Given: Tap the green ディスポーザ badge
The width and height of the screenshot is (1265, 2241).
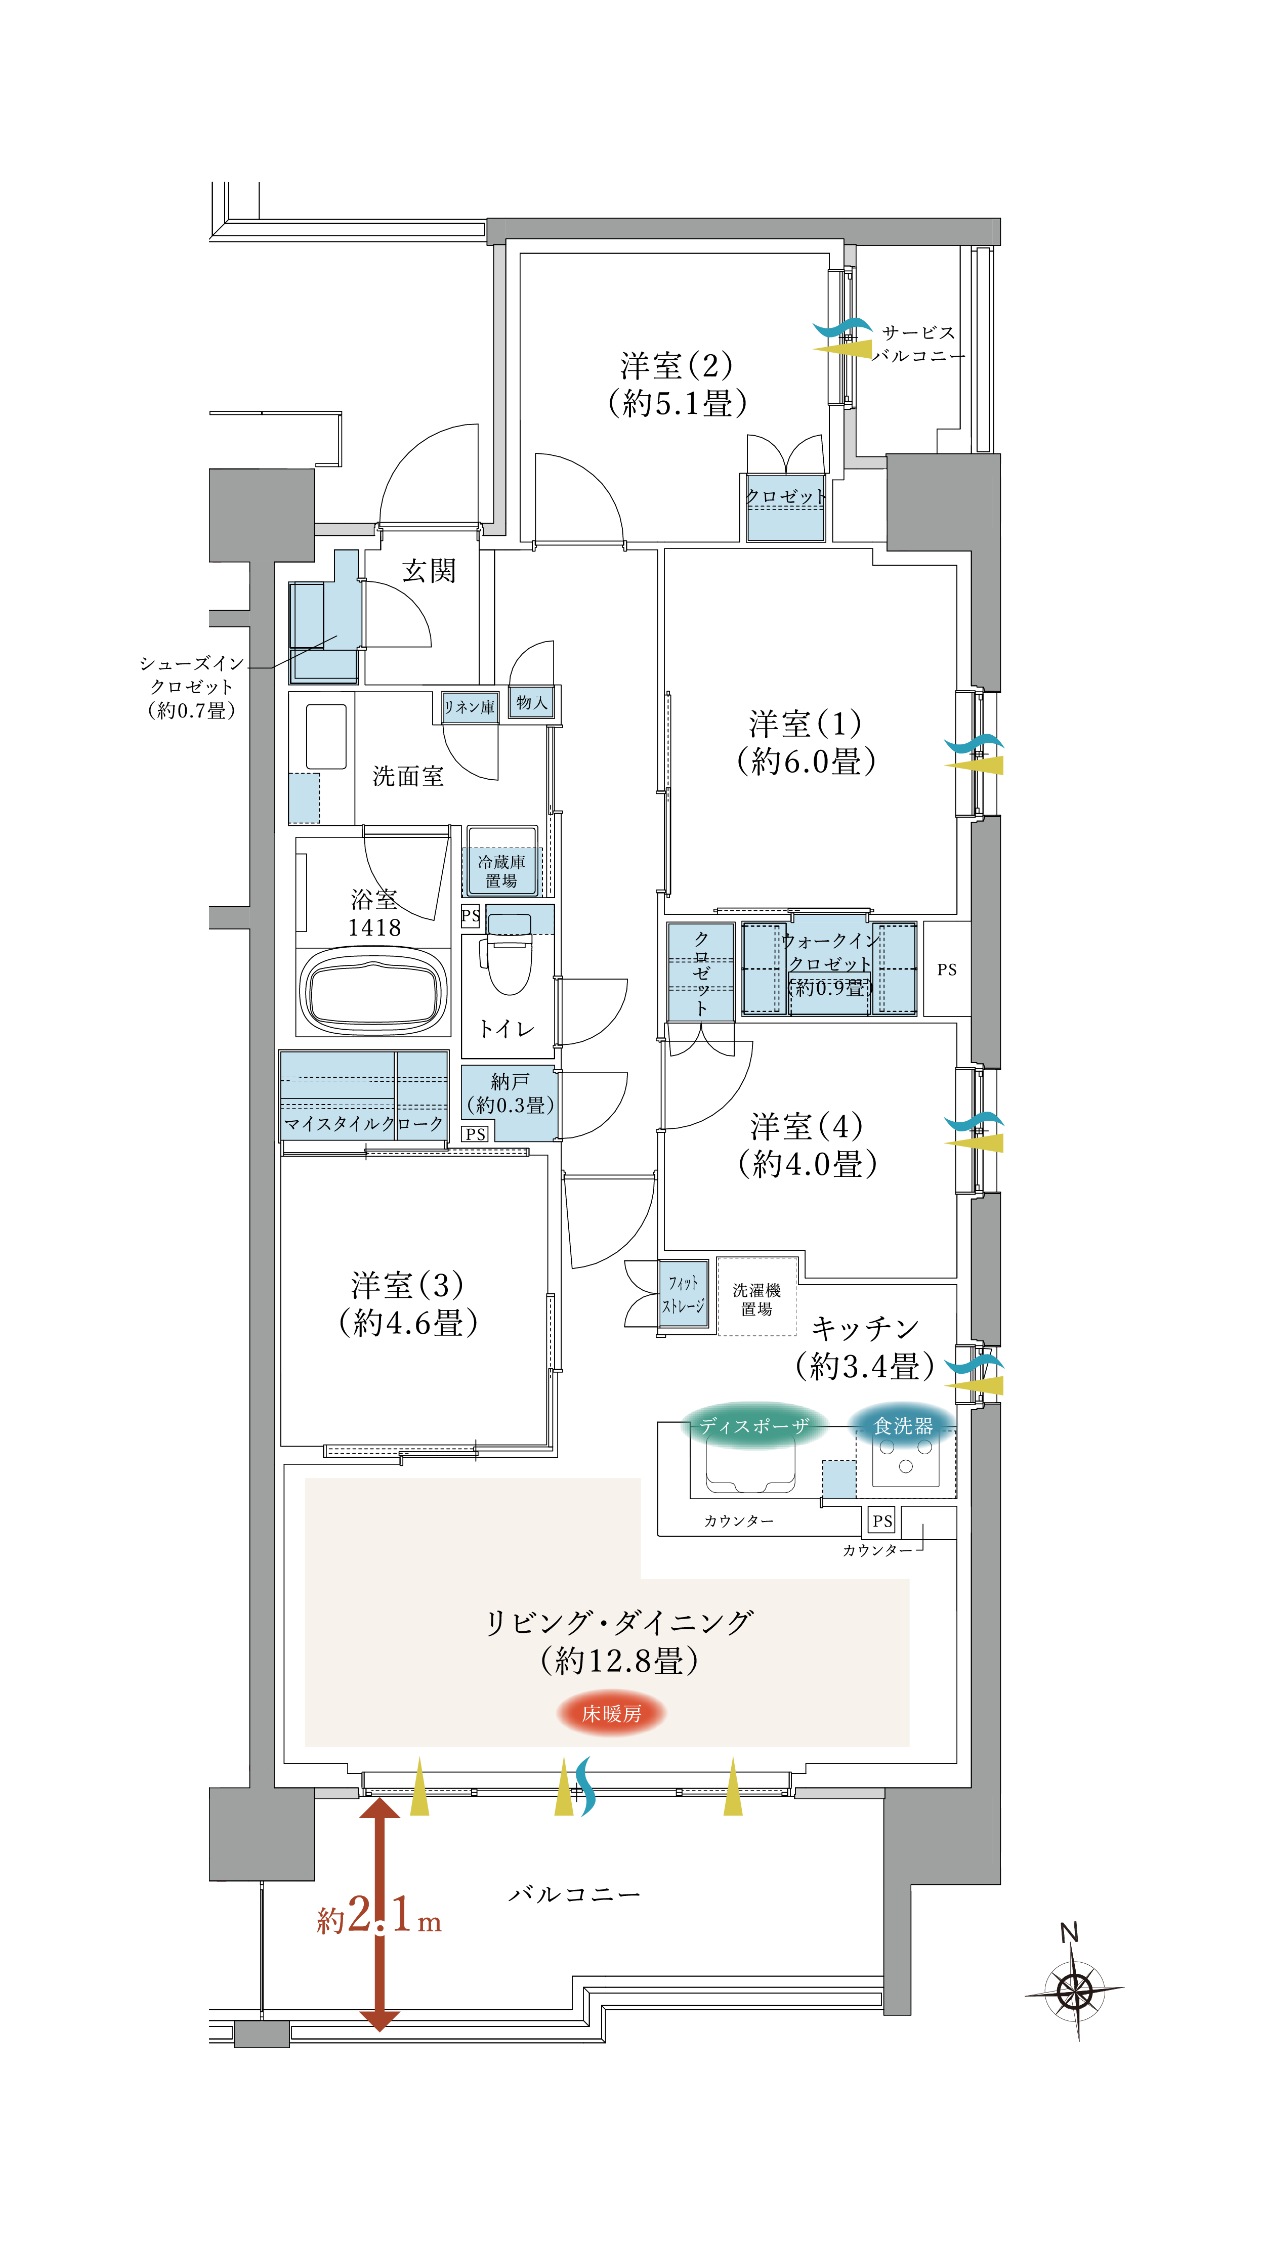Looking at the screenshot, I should (x=753, y=1426).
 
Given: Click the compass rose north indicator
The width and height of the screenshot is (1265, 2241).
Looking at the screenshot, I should (x=1075, y=1988).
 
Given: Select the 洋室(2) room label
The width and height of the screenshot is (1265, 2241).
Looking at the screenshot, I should (x=677, y=384).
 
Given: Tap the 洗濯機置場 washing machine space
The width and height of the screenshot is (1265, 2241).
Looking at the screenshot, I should (x=756, y=1299).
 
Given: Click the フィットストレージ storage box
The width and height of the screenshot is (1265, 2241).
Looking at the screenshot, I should (x=683, y=1294).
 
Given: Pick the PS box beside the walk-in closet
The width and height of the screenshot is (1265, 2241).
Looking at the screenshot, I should (x=947, y=969).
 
